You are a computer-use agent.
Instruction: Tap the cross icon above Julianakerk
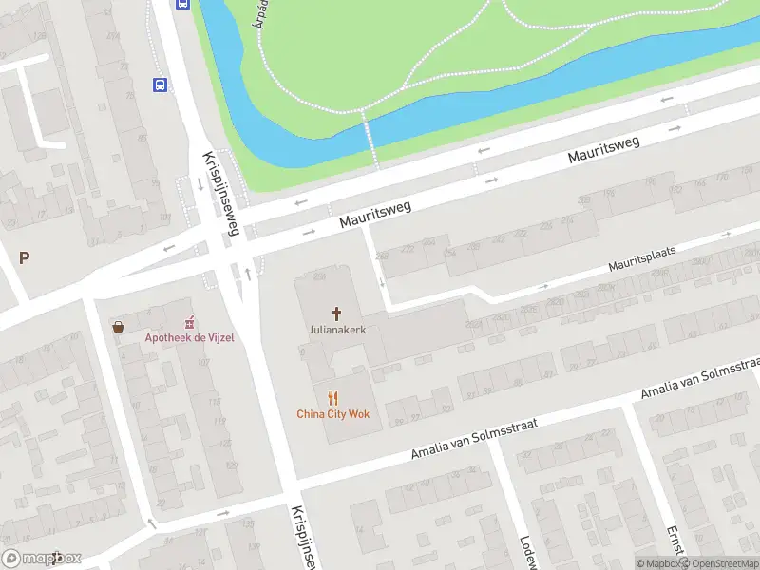tap(336, 313)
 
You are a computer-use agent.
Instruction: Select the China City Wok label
tap(332, 413)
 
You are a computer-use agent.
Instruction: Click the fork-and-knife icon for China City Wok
tap(332, 398)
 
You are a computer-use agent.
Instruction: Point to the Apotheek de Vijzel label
tap(189, 337)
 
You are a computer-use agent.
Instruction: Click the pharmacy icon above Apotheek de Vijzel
tap(189, 321)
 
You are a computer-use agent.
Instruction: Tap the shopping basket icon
tap(118, 327)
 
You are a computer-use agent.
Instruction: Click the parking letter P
tap(24, 257)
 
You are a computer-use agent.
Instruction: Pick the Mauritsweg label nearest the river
tap(604, 150)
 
